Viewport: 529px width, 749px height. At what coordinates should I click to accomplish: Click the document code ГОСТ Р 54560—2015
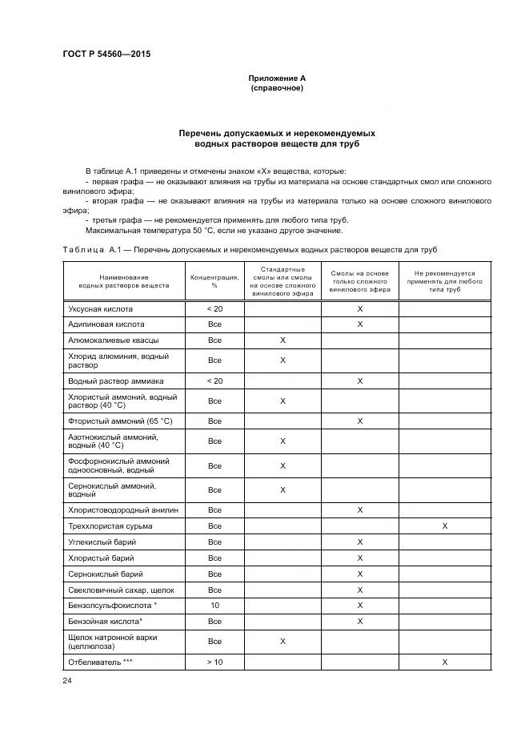(x=106, y=54)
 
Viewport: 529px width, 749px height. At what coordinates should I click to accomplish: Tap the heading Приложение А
(x=277, y=78)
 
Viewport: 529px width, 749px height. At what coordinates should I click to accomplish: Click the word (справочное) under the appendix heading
(x=277, y=87)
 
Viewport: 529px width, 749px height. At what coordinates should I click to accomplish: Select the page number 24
(x=67, y=680)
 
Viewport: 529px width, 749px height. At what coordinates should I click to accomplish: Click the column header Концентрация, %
(x=214, y=280)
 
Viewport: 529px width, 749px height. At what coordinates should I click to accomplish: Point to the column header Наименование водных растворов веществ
(x=124, y=280)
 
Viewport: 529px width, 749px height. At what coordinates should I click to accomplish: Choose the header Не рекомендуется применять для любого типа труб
(x=444, y=280)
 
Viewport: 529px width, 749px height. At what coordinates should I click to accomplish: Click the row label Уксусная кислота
(x=100, y=308)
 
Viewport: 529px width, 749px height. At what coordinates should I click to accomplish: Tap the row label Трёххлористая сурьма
(x=110, y=526)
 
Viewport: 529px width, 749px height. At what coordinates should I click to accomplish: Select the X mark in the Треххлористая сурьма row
(x=444, y=526)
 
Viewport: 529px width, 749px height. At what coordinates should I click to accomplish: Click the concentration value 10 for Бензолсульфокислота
(x=214, y=606)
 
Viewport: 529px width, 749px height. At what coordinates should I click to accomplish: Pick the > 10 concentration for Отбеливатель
(x=214, y=662)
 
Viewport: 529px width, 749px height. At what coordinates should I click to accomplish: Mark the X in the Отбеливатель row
(x=444, y=662)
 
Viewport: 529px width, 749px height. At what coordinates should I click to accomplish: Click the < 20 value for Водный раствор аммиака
(x=214, y=381)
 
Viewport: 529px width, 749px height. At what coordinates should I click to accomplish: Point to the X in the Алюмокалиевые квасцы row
(x=283, y=340)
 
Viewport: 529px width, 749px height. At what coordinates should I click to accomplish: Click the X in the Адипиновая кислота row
(x=360, y=324)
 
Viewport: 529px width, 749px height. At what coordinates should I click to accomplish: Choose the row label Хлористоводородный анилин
(x=122, y=509)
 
